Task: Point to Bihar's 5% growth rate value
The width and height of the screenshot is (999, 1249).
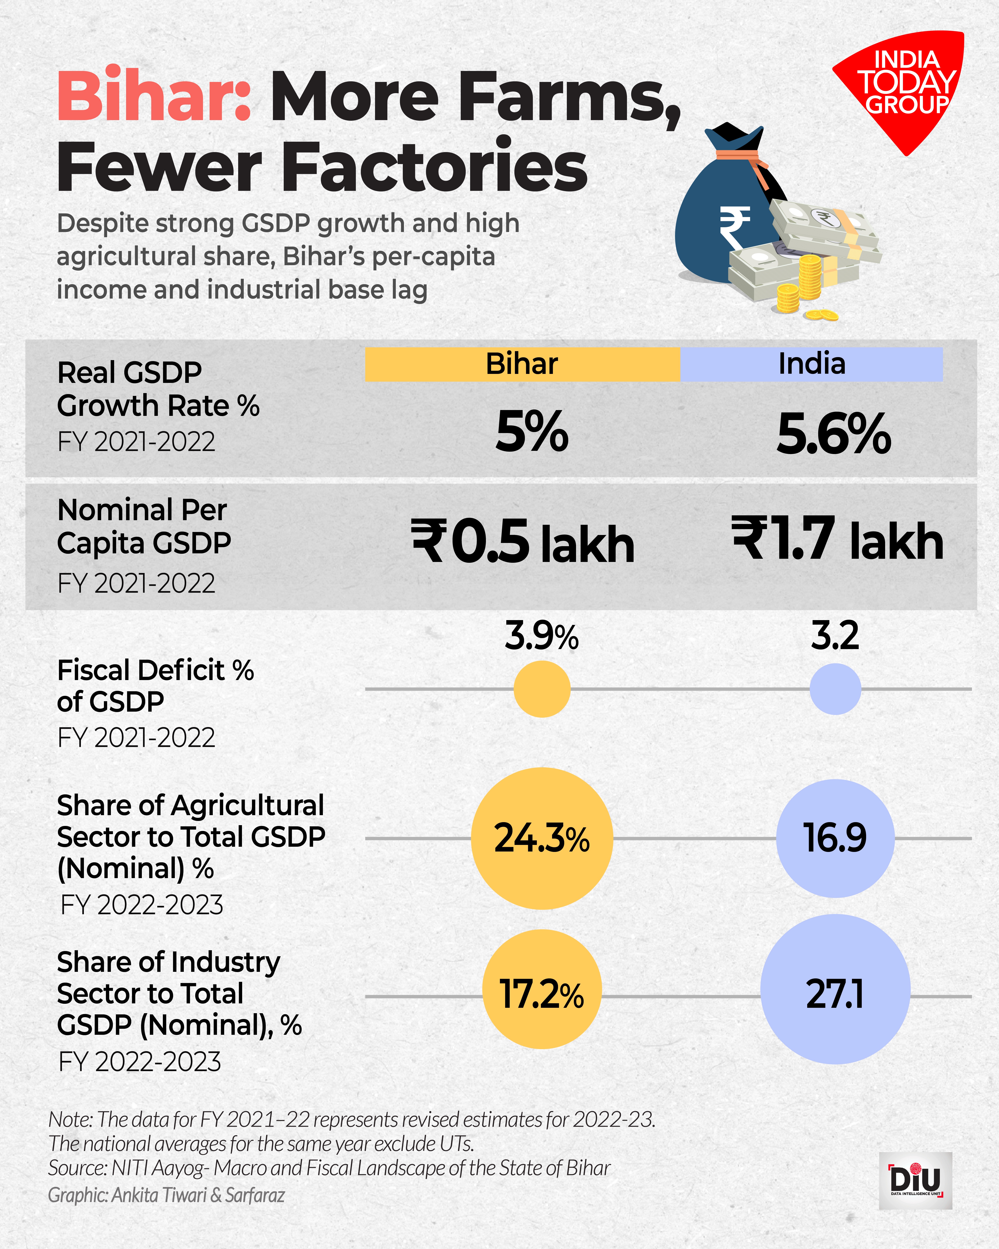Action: pos(532,432)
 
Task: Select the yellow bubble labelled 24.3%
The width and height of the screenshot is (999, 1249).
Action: pos(542,838)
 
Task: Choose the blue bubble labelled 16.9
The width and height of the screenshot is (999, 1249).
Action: pos(835,838)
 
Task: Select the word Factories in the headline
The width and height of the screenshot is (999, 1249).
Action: pos(434,168)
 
